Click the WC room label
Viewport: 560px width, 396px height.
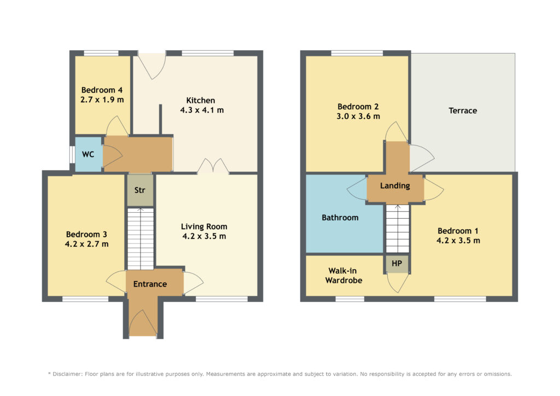(88, 154)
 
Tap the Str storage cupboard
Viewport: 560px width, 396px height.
(141, 190)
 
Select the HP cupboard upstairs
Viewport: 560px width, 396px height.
(397, 264)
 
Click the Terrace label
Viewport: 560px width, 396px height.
(463, 110)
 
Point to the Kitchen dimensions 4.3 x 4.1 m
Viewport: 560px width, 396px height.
(202, 110)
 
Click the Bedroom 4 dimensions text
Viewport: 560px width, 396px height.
(102, 100)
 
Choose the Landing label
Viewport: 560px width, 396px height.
(395, 185)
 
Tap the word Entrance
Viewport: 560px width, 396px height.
(150, 284)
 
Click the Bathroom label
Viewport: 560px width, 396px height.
(340, 218)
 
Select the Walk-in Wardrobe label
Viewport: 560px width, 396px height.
(343, 276)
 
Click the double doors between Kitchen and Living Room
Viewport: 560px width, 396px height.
(213, 166)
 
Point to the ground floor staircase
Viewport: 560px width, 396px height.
(141, 239)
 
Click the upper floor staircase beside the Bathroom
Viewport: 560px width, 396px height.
(398, 229)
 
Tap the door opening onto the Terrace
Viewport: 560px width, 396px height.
(422, 158)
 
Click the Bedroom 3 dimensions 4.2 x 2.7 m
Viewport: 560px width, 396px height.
(87, 244)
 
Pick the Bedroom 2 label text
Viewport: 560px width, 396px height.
(358, 107)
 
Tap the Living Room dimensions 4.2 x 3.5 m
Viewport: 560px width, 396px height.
(205, 236)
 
